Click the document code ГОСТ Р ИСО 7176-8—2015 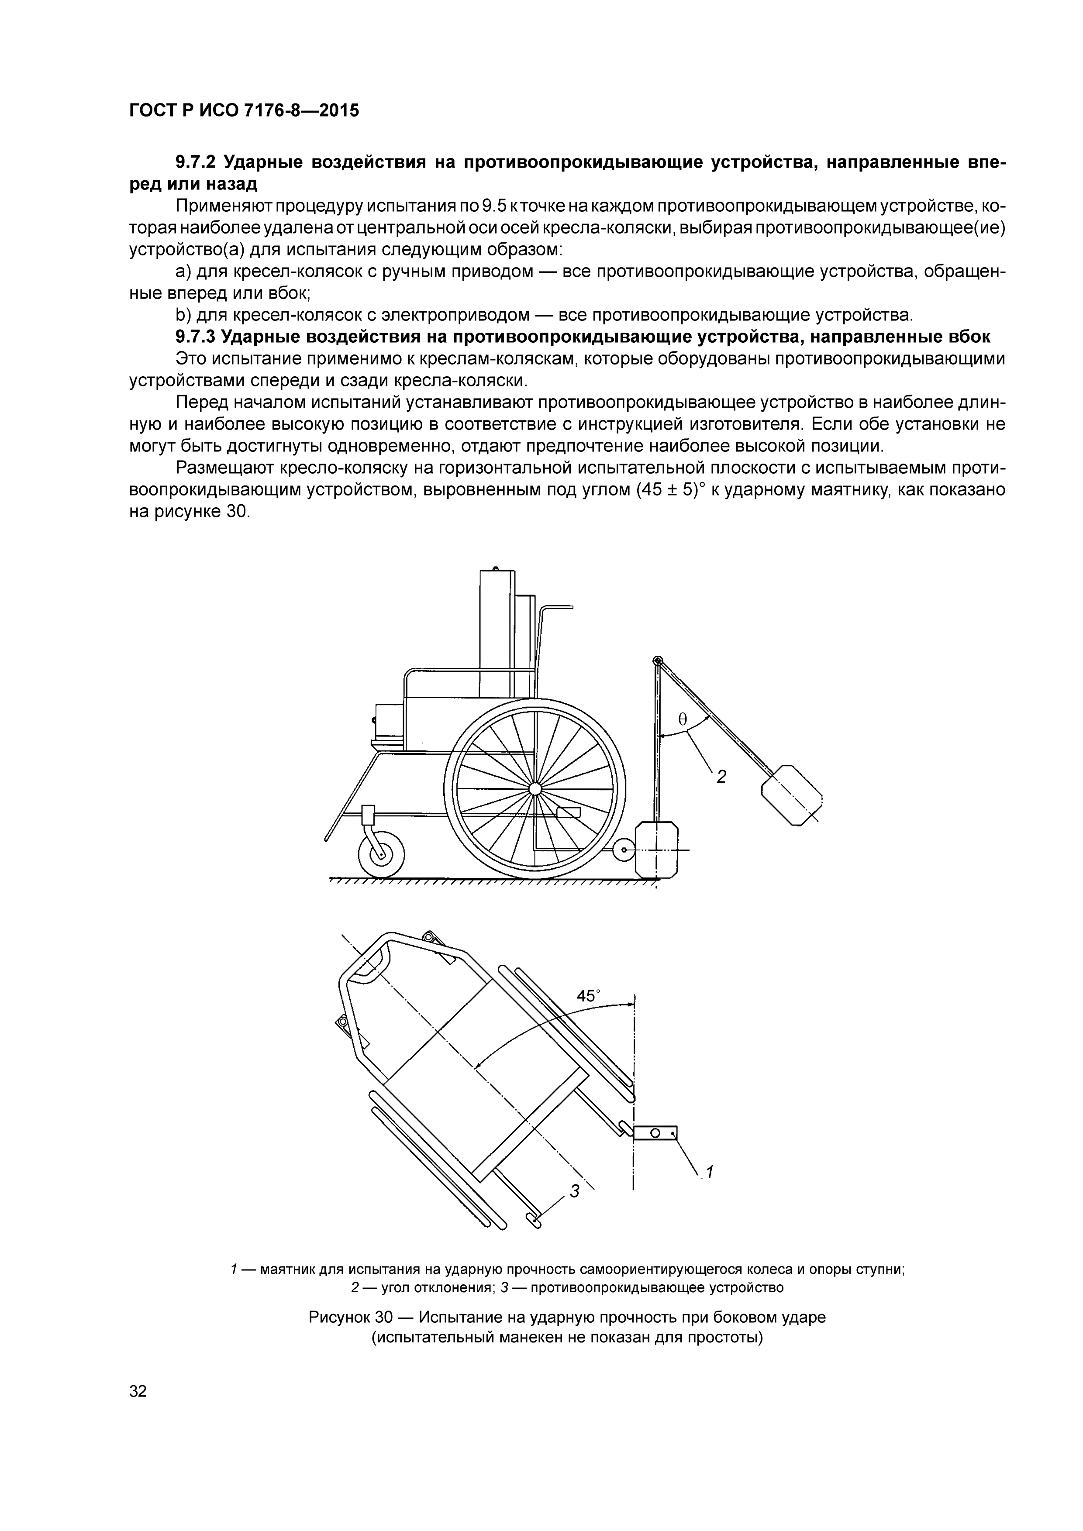click(243, 110)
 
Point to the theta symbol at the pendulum click(682, 719)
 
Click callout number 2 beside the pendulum click(721, 776)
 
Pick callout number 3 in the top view click(574, 1190)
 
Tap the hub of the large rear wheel click(535, 788)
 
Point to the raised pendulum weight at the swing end click(792, 795)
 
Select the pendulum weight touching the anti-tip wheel click(657, 850)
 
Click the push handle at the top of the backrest click(558, 607)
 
